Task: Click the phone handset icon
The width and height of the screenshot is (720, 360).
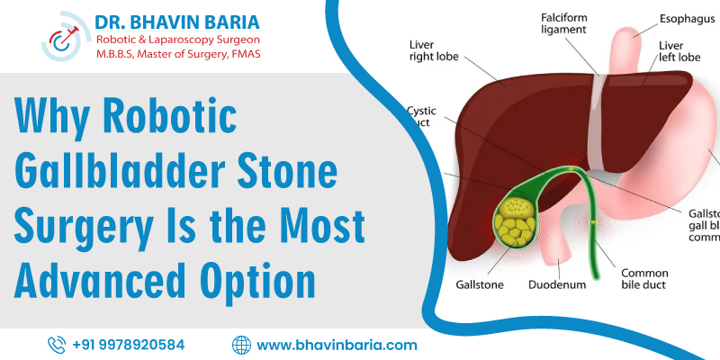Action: click(x=57, y=344)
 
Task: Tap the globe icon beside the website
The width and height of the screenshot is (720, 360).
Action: click(x=240, y=344)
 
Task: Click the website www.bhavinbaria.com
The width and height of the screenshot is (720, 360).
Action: click(x=337, y=344)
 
